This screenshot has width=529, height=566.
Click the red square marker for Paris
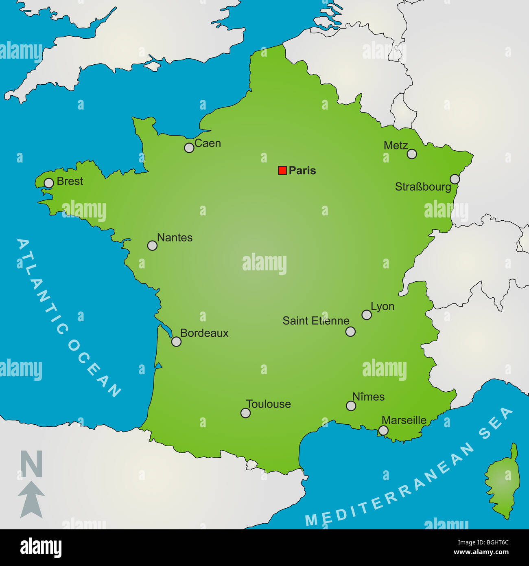282,171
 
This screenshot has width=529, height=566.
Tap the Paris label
302,171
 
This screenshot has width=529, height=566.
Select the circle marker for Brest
49,183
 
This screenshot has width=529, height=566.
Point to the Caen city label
208,143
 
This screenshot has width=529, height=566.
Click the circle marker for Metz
412,154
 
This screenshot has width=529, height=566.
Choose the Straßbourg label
423,187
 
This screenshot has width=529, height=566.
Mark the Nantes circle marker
152,246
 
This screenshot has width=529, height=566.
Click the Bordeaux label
204,333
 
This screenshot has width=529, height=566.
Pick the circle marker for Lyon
367,315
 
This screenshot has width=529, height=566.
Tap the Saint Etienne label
316,321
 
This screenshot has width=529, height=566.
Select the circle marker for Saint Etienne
350,331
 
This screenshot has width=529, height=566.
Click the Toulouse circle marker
245,413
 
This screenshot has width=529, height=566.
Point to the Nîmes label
368,397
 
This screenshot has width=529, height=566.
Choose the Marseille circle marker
383,430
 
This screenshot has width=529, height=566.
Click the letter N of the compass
31,464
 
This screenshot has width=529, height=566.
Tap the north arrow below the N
31,499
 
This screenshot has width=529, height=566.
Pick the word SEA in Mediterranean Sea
496,423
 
